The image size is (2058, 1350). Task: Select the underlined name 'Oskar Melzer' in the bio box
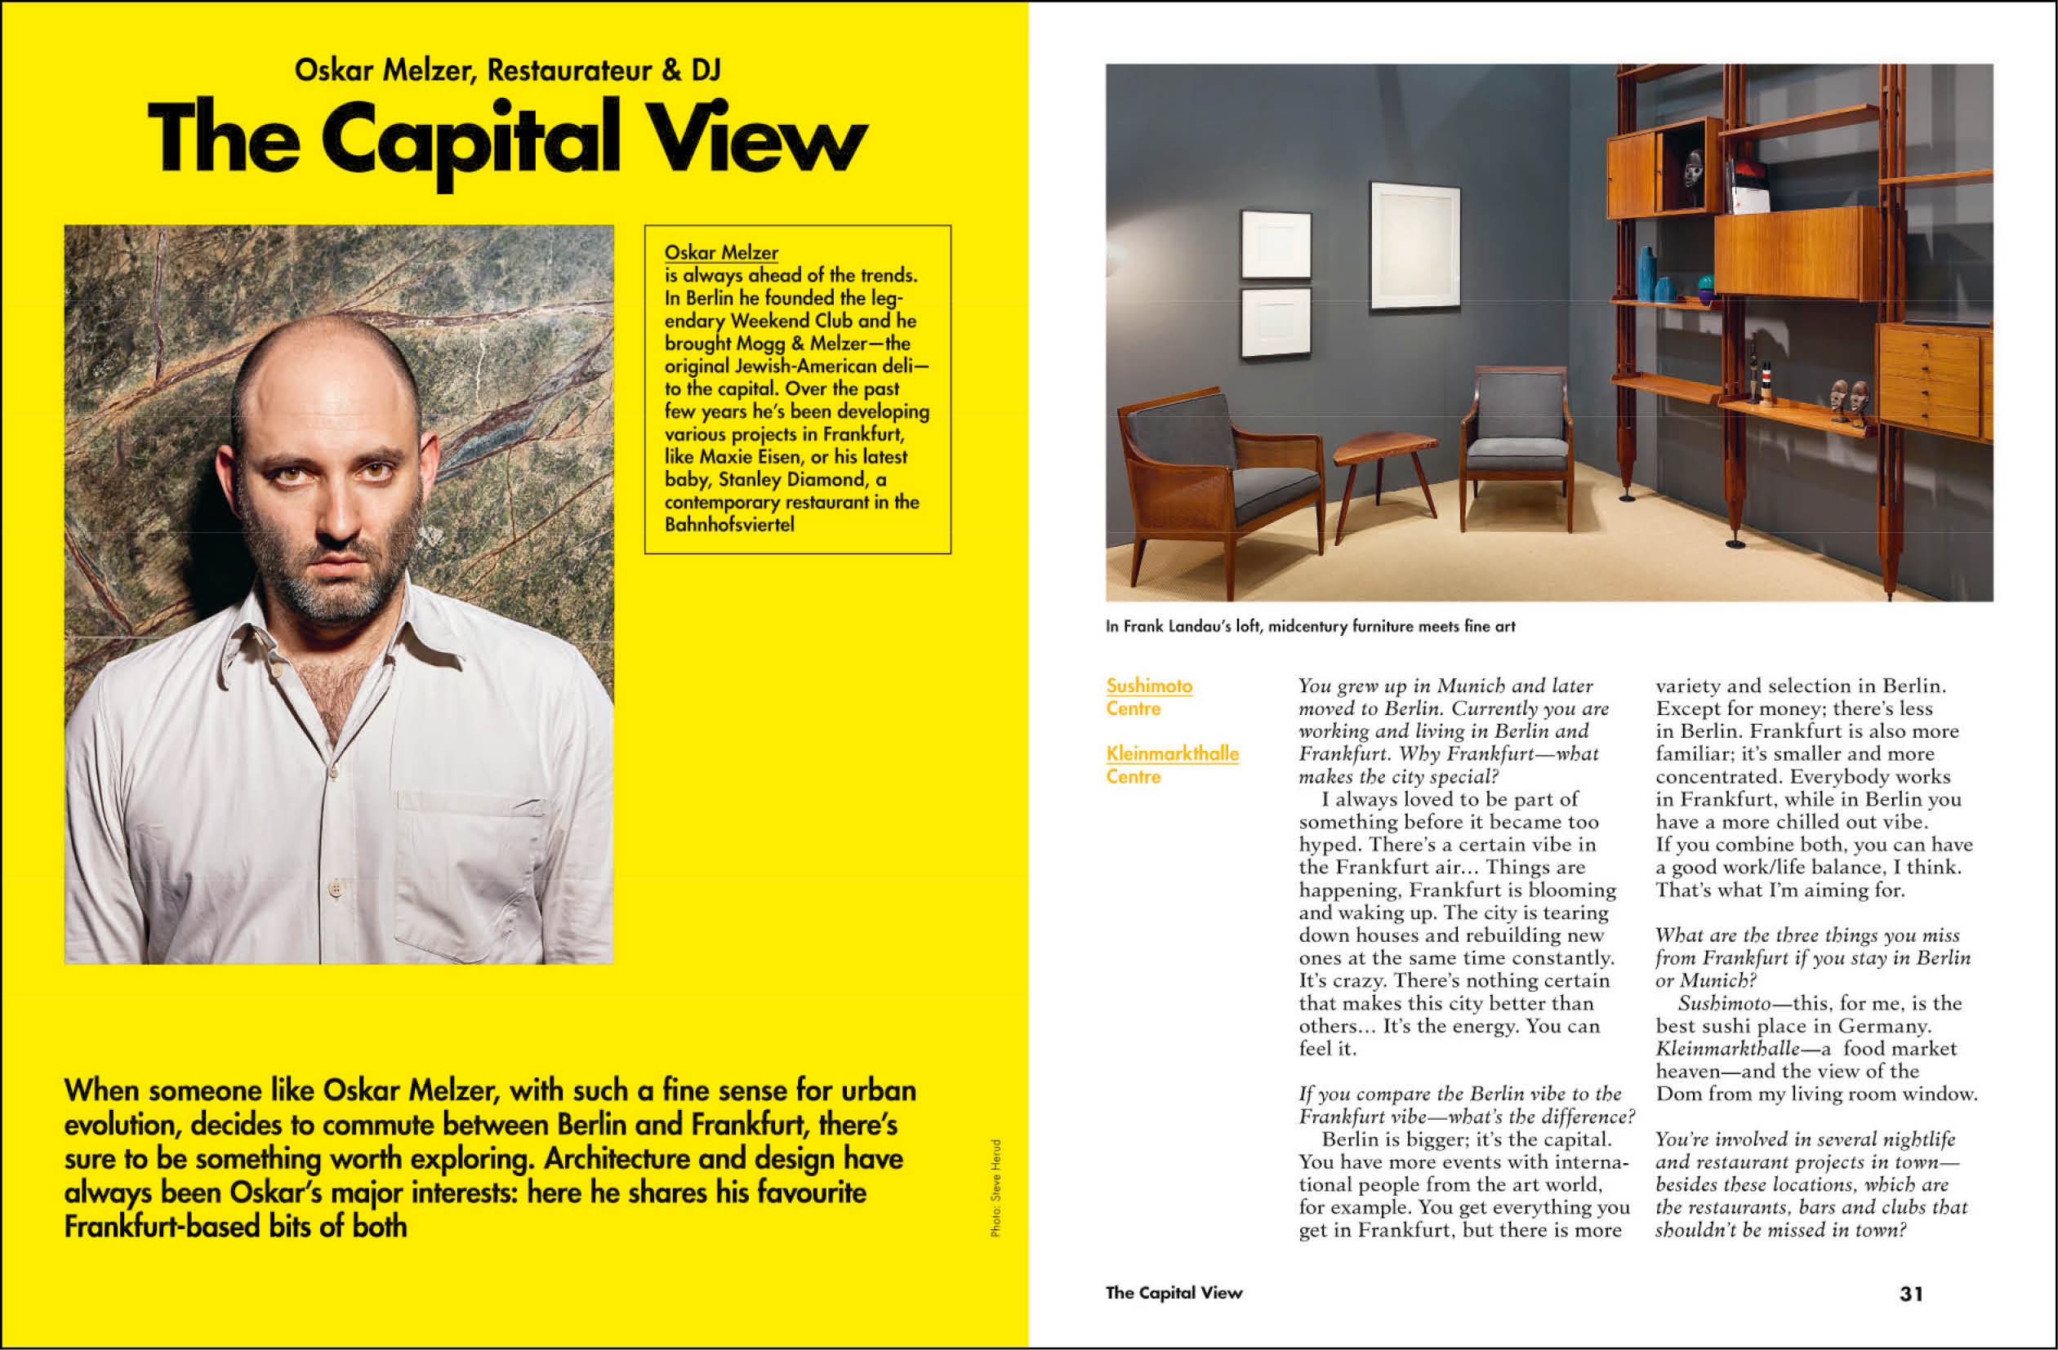pos(721,252)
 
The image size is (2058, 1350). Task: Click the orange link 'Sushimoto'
pos(1149,686)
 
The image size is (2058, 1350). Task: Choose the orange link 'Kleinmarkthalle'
pos(1172,753)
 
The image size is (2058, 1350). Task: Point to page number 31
pos(1912,1294)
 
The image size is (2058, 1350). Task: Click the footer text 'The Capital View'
pos(1174,1293)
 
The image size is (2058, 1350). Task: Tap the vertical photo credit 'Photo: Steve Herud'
pos(996,1188)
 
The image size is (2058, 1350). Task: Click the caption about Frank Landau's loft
pos(1310,627)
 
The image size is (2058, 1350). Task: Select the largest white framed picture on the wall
pos(1414,246)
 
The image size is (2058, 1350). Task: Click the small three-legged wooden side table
pos(1383,463)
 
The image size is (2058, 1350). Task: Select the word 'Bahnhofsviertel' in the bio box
pos(729,525)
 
